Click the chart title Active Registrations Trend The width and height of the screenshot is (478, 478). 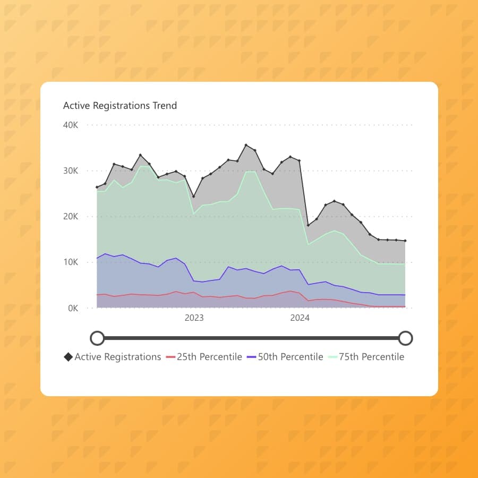tap(119, 106)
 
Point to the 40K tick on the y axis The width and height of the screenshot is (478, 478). tap(71, 125)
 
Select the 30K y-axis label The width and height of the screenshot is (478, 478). tap(71, 171)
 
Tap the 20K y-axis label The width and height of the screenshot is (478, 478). tap(71, 217)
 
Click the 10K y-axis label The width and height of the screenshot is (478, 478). tap(71, 262)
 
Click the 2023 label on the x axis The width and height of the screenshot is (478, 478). tap(194, 318)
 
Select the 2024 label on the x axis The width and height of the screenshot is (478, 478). tap(300, 318)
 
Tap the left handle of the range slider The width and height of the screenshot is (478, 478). tap(97, 338)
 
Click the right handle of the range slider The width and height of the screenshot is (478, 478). tap(405, 338)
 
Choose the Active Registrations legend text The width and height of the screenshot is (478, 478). tap(117, 357)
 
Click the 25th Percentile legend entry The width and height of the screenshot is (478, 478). tap(209, 357)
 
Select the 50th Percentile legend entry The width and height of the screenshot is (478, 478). tap(290, 357)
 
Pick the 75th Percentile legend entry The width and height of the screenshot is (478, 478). tap(371, 357)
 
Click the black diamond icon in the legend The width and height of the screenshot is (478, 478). tap(68, 357)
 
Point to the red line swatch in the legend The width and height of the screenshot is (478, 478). tap(170, 357)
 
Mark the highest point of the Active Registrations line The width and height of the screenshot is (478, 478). tap(246, 145)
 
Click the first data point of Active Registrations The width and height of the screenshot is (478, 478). tap(97, 187)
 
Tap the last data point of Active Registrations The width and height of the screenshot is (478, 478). tap(405, 241)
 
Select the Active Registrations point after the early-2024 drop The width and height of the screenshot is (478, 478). tap(308, 225)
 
